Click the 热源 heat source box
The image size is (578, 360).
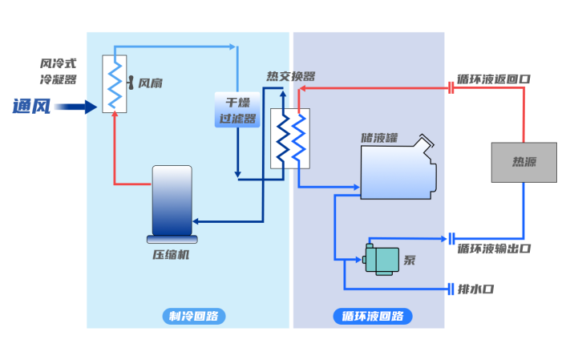click(x=523, y=162)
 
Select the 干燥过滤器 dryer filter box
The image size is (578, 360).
click(x=237, y=111)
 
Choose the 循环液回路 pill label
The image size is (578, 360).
click(x=372, y=316)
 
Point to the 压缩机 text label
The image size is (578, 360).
click(x=171, y=255)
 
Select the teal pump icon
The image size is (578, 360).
click(x=381, y=258)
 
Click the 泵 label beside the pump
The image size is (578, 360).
click(x=410, y=260)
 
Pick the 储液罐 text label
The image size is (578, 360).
click(x=379, y=137)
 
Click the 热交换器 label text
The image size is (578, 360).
click(x=290, y=77)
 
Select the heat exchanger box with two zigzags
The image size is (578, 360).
click(x=289, y=138)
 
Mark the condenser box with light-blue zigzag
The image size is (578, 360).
click(x=115, y=83)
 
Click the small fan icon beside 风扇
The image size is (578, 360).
click(x=131, y=83)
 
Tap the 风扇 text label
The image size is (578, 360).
click(x=150, y=83)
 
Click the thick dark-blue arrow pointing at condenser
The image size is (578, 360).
click(x=75, y=107)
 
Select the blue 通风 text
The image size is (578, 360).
click(x=31, y=106)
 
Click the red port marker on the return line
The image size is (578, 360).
click(x=451, y=87)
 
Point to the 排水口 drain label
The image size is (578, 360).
click(x=475, y=289)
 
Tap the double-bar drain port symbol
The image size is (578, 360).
click(x=451, y=289)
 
